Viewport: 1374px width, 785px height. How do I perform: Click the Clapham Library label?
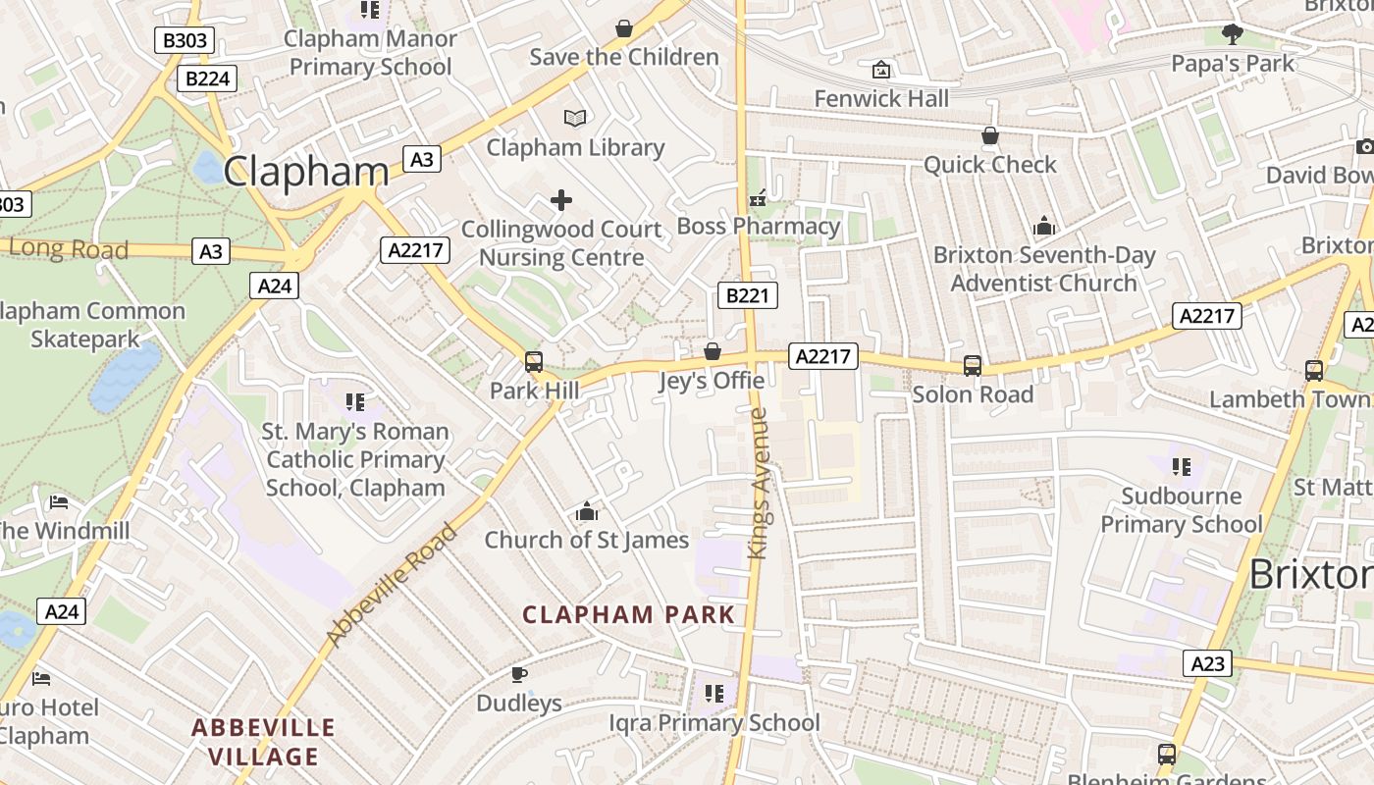(x=575, y=147)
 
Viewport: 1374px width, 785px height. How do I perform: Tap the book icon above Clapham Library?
(x=575, y=119)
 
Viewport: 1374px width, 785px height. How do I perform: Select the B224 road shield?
(x=207, y=78)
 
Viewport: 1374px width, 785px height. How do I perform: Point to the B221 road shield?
(x=747, y=295)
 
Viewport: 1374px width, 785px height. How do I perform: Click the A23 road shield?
(x=1207, y=663)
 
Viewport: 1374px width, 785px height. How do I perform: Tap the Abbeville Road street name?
(x=392, y=585)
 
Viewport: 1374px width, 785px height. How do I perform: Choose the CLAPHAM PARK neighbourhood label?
(x=628, y=615)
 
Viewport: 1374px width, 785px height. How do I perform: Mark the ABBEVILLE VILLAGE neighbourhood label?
(x=264, y=742)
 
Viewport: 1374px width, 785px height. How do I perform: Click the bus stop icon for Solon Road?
(x=973, y=366)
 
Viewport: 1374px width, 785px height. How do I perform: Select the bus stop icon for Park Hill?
(x=534, y=362)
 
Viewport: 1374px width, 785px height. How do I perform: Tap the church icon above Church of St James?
(x=587, y=511)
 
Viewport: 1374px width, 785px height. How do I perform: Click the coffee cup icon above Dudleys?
(x=519, y=674)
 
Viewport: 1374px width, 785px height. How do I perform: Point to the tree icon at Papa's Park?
(x=1233, y=35)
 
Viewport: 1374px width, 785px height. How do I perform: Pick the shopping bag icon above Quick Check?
(x=990, y=135)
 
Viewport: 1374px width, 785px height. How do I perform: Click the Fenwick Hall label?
(x=881, y=98)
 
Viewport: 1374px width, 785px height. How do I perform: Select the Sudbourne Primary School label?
(x=1181, y=509)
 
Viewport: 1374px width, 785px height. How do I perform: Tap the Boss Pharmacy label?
(x=759, y=226)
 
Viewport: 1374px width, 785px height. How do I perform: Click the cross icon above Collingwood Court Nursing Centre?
(x=561, y=201)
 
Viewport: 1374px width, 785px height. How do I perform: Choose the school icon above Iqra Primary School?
(x=714, y=694)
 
